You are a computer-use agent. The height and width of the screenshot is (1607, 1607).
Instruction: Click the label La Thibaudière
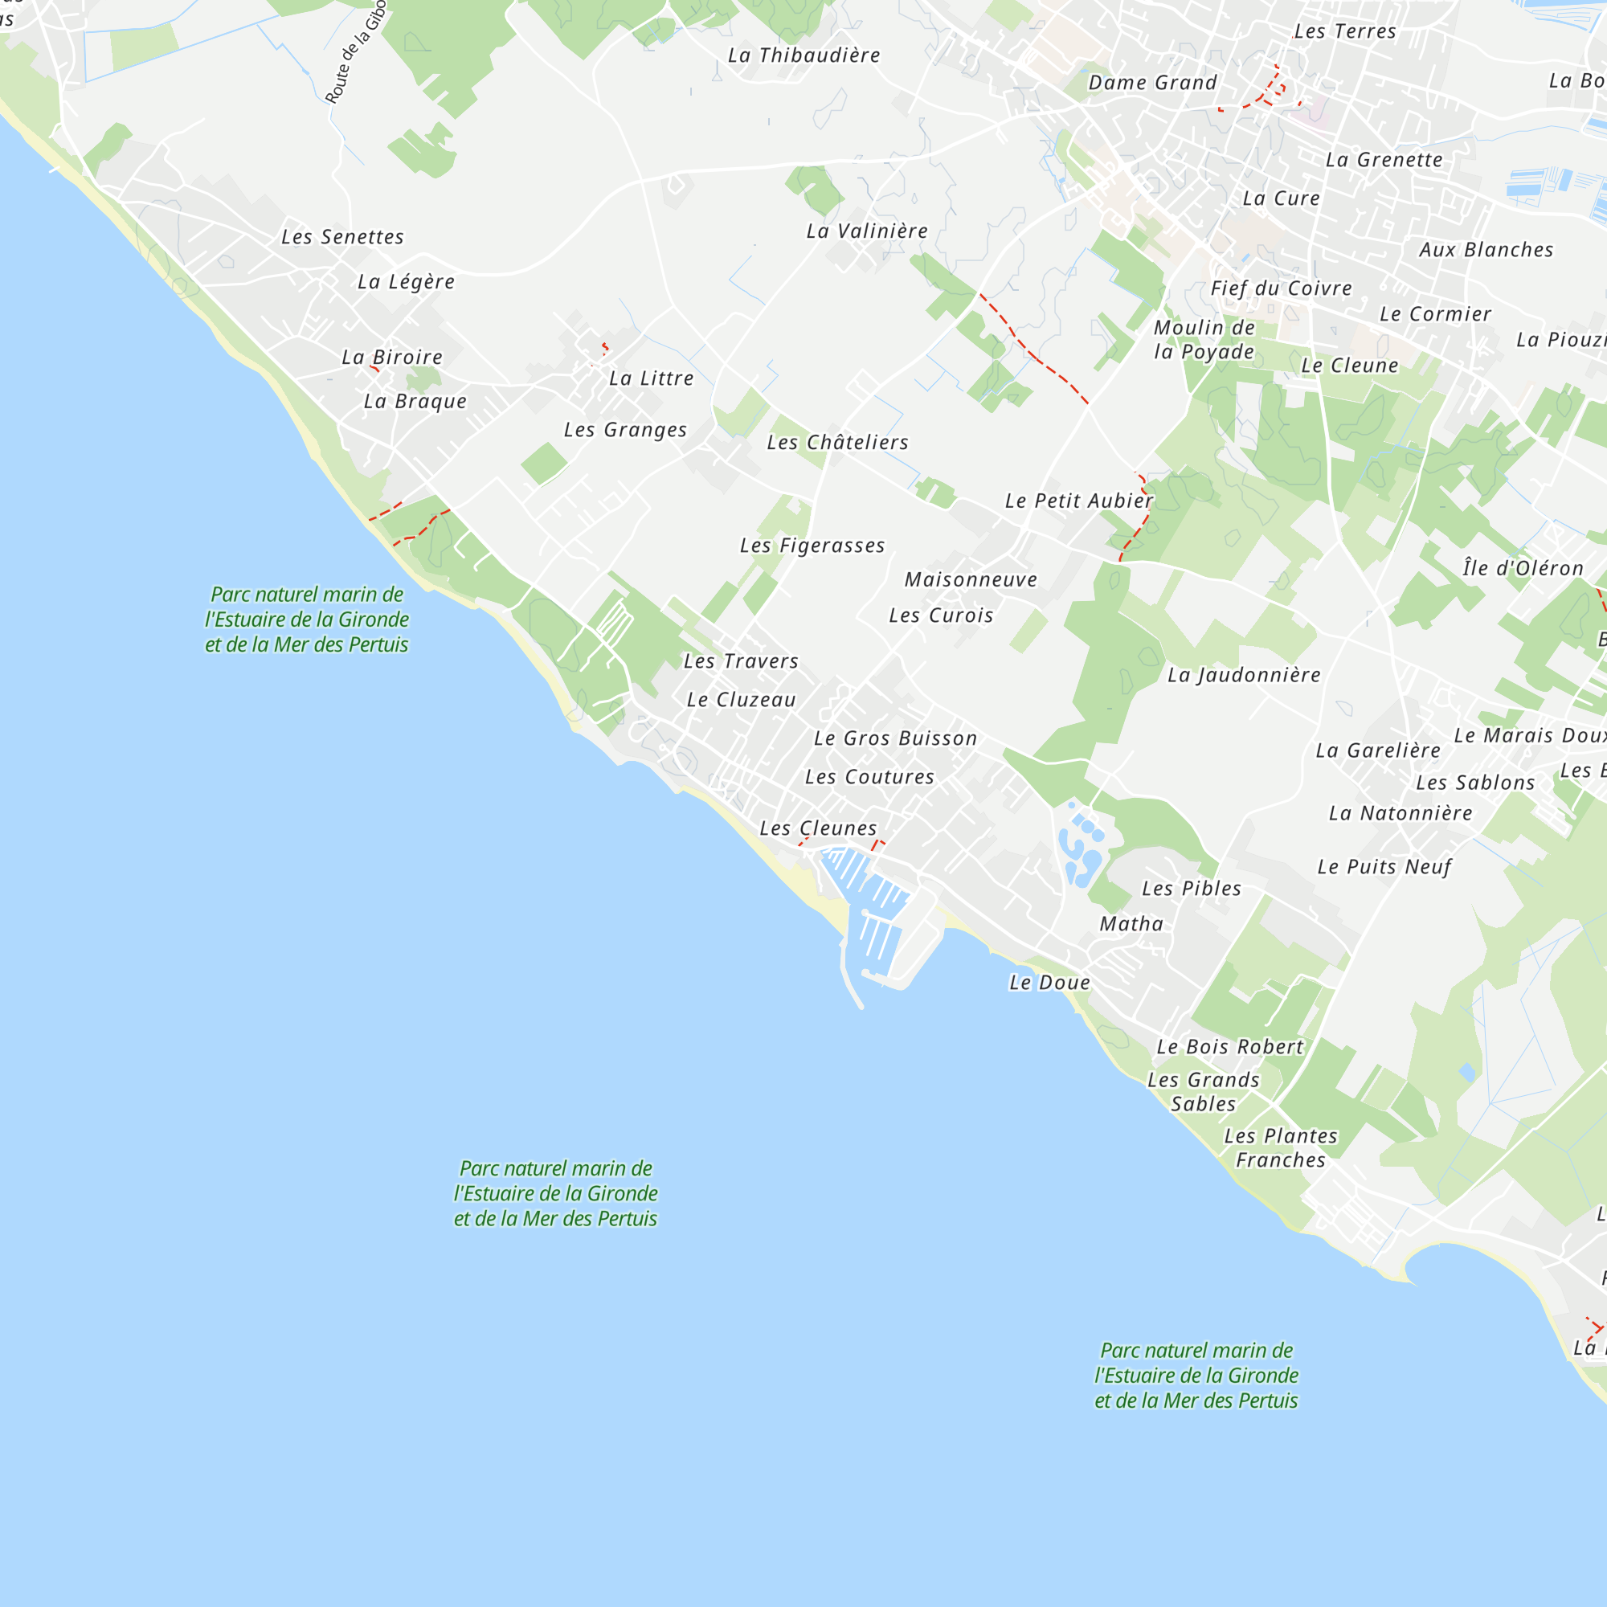pyautogui.click(x=803, y=55)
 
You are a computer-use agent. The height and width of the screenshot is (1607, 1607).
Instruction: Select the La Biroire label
pyautogui.click(x=392, y=358)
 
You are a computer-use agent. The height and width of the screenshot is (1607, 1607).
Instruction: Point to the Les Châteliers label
pyautogui.click(x=836, y=443)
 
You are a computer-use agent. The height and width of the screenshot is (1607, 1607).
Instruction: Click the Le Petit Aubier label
pyautogui.click(x=1078, y=501)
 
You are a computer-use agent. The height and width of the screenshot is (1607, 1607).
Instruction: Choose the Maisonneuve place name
pyautogui.click(x=971, y=580)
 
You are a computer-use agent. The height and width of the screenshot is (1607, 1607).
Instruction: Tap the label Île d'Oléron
pyautogui.click(x=1522, y=568)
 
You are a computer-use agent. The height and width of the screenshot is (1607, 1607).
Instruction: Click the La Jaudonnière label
pyautogui.click(x=1244, y=675)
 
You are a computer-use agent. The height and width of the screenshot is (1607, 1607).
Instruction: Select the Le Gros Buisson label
pyautogui.click(x=895, y=738)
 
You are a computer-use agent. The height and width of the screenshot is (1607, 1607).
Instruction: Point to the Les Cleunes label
pyautogui.click(x=818, y=828)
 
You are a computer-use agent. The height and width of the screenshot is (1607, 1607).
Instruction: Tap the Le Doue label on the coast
pyautogui.click(x=1049, y=983)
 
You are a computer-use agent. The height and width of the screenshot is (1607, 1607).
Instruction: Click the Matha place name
pyautogui.click(x=1131, y=924)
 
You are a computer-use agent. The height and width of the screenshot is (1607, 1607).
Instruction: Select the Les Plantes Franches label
pyautogui.click(x=1280, y=1148)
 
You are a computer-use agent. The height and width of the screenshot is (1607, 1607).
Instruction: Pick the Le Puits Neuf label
pyautogui.click(x=1384, y=867)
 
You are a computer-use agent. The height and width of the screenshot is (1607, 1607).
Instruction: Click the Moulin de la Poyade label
pyautogui.click(x=1204, y=339)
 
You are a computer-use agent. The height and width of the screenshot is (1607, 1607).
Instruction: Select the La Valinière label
pyautogui.click(x=867, y=231)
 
